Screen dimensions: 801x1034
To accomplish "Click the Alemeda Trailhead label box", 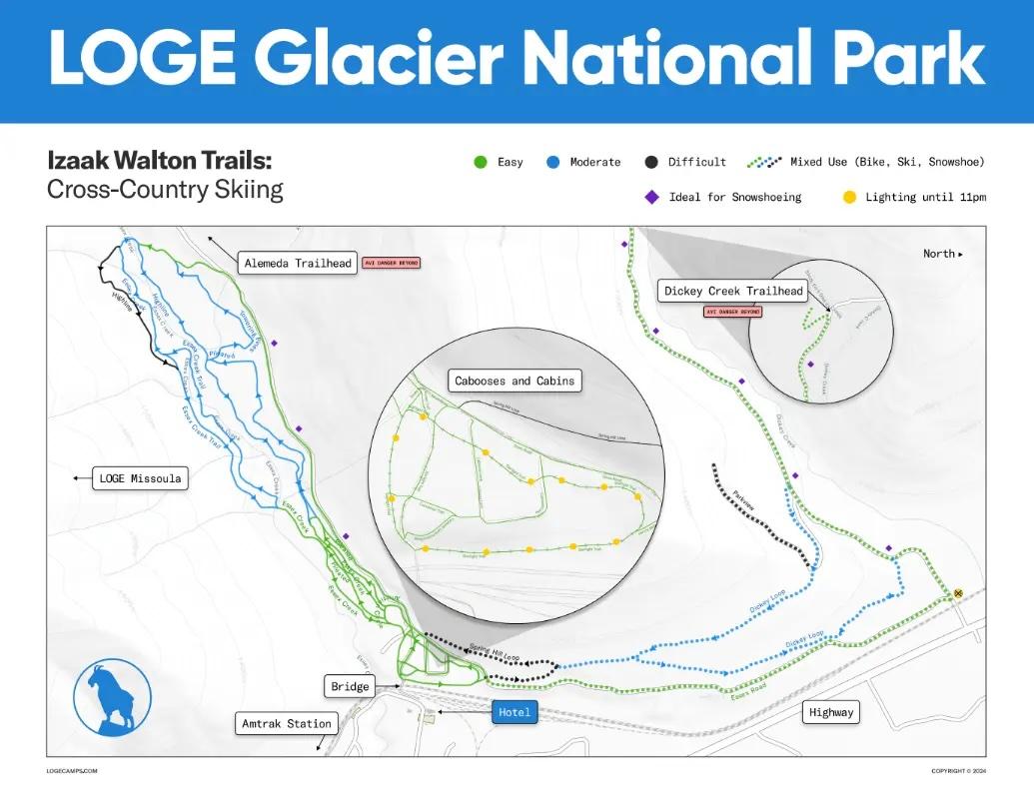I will click(298, 264).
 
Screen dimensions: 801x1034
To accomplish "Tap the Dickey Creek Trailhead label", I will click(733, 292).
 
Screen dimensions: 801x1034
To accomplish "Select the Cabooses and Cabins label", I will click(516, 381).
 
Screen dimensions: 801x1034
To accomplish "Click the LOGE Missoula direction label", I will click(140, 478).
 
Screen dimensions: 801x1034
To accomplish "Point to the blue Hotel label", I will click(516, 712).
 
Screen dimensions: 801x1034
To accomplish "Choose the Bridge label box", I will click(350, 686).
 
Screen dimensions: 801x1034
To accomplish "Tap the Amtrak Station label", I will click(287, 723).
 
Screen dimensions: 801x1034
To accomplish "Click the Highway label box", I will click(831, 712).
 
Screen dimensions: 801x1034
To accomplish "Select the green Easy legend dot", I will click(479, 162).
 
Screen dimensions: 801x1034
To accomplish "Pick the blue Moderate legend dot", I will click(551, 162).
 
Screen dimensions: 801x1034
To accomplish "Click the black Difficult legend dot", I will click(650, 162).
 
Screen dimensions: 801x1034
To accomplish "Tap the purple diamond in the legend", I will click(651, 198).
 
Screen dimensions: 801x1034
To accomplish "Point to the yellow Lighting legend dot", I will click(849, 198).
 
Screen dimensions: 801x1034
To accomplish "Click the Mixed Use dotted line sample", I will click(763, 161).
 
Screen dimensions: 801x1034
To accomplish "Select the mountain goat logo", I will click(112, 695).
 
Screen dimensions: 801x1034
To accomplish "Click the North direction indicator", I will click(943, 254).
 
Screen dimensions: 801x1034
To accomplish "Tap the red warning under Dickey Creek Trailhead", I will click(733, 312).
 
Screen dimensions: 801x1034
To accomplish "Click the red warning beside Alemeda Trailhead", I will click(391, 264).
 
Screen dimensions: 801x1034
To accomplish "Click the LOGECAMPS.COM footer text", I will click(72, 771).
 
